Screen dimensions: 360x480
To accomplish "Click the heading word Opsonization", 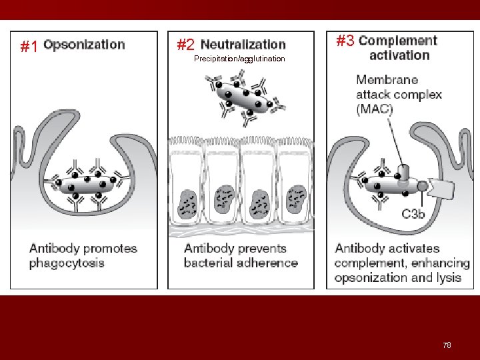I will (84, 45).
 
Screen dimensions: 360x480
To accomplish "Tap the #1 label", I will (29, 47).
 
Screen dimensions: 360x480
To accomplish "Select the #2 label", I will (186, 45).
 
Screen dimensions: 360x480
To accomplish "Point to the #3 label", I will (345, 41).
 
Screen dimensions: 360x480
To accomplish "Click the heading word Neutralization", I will (243, 45).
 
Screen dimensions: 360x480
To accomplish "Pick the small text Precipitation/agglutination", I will (239, 59).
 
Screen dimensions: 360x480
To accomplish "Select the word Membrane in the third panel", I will (387, 80).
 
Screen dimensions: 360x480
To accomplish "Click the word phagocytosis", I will (67, 263).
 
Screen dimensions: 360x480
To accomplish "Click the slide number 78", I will (447, 345).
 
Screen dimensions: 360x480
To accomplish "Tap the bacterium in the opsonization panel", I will (85, 183).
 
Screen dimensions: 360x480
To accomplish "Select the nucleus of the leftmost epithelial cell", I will (188, 200).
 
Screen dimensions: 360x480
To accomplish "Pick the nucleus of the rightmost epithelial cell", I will (294, 200).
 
